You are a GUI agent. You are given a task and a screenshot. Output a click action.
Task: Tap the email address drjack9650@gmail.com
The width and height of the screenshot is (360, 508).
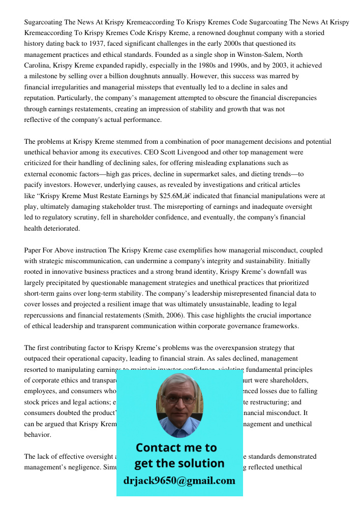(179, 481)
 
